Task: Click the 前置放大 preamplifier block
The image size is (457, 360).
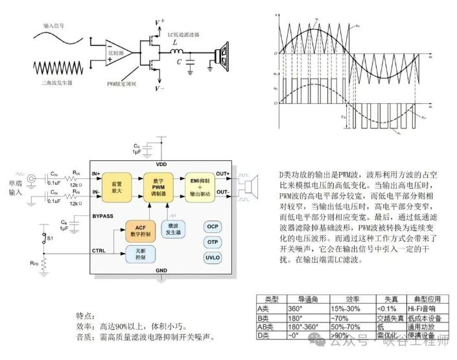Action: point(117,185)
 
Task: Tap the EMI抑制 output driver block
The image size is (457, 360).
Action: point(199,186)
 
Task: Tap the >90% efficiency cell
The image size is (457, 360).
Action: point(340,335)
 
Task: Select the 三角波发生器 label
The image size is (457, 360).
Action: point(53,84)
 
